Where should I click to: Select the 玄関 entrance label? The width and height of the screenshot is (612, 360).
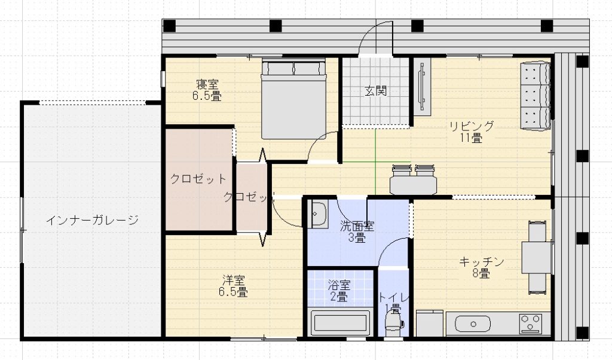click(x=376, y=91)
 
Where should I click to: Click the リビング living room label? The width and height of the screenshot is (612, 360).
click(x=472, y=126)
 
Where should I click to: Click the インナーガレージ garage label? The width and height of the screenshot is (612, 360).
click(x=92, y=221)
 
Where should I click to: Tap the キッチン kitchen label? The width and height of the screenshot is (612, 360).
click(x=482, y=262)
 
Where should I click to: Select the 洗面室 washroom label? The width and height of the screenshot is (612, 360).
click(x=357, y=226)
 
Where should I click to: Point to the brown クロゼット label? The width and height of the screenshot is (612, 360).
click(x=198, y=179)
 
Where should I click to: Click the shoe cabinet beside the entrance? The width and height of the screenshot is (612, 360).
click(x=423, y=87)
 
